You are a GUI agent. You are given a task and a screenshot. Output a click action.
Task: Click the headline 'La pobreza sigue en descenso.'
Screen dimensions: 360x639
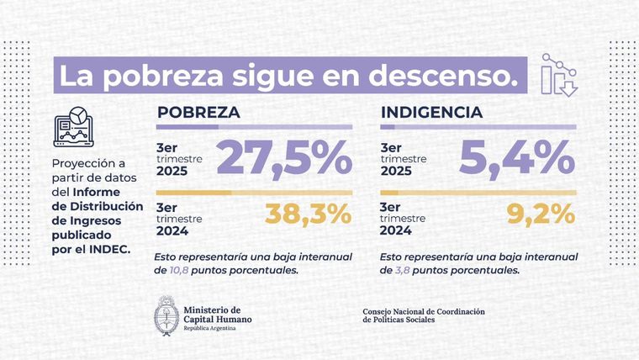coord(287,77)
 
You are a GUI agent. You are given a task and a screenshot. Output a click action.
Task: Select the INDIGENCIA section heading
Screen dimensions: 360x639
coord(431,112)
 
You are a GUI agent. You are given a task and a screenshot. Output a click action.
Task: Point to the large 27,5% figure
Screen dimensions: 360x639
coord(283,158)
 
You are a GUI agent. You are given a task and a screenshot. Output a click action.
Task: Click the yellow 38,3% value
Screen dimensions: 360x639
coord(308,214)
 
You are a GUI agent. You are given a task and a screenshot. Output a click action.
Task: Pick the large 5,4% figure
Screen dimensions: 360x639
coord(516,158)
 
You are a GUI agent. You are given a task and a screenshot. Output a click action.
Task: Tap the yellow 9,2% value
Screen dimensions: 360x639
coord(543,214)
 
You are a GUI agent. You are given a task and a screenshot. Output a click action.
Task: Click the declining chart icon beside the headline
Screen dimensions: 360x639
coord(559,76)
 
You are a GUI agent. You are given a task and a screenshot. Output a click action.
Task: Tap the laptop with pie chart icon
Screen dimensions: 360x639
coord(75,127)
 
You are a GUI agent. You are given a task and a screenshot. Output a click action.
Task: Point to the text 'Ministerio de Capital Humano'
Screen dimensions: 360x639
coord(216,313)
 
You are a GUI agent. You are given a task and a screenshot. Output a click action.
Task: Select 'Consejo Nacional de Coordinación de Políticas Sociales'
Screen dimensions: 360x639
coord(423,315)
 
